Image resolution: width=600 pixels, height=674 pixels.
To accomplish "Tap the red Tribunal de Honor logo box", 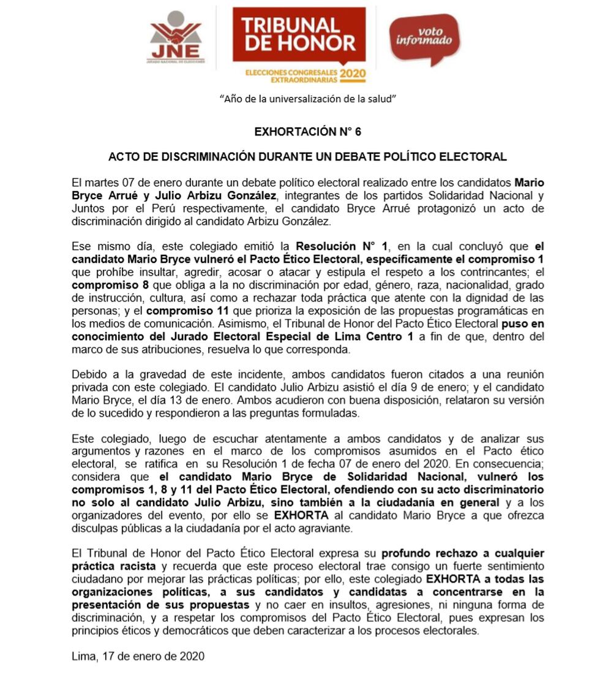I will [x=299, y=36].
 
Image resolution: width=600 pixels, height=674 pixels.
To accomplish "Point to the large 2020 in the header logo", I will [x=353, y=74].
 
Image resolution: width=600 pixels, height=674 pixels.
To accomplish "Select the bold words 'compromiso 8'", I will [x=104, y=285].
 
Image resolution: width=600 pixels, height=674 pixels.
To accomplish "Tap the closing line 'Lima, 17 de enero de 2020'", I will [x=138, y=656].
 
